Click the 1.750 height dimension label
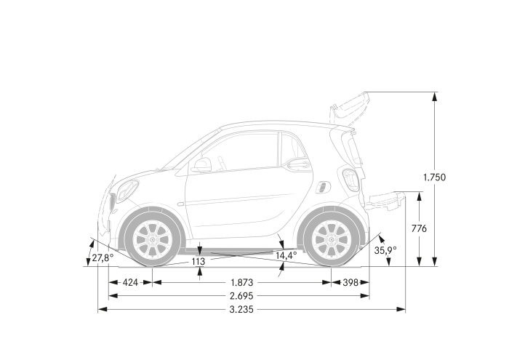(x=434, y=177)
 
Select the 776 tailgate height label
(x=419, y=229)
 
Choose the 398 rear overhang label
(x=351, y=282)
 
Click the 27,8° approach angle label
(x=103, y=257)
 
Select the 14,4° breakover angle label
(x=286, y=255)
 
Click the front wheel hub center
(x=153, y=239)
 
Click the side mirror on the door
(x=201, y=166)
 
